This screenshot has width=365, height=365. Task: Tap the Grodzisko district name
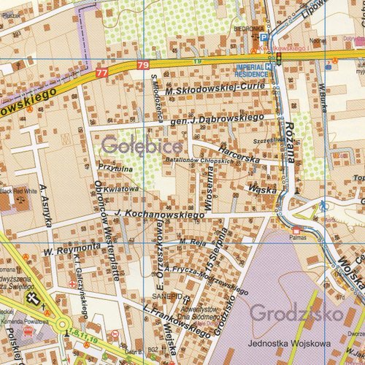coord(296,314)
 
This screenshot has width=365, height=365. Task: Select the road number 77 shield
coord(101,72)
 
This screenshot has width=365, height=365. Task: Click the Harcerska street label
coord(238,154)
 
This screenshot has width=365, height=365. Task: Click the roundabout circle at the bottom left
coord(61,323)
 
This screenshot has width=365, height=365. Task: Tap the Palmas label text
coord(296,237)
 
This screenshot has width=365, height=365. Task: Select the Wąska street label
coord(261,189)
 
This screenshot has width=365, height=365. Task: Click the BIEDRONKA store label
coord(247,29)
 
